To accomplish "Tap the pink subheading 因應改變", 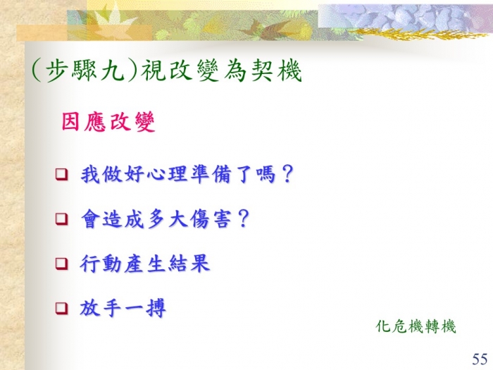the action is tap(108, 121).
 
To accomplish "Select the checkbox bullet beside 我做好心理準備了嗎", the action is tap(62, 174).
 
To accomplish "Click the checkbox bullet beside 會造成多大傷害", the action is tap(62, 218).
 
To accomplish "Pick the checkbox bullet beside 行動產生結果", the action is tap(62, 264).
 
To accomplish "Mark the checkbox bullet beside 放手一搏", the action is tap(62, 308).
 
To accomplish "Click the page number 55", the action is tap(480, 359).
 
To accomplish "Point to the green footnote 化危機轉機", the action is tap(416, 326).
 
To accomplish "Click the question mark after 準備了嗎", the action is tap(287, 173).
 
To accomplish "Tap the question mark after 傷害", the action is tap(244, 218).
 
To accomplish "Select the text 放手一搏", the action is tap(123, 308).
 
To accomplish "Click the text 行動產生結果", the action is tap(144, 264).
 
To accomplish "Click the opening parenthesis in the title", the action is tap(37, 70).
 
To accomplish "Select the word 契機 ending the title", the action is tap(277, 70).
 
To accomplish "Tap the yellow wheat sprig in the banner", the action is tap(418, 33).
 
